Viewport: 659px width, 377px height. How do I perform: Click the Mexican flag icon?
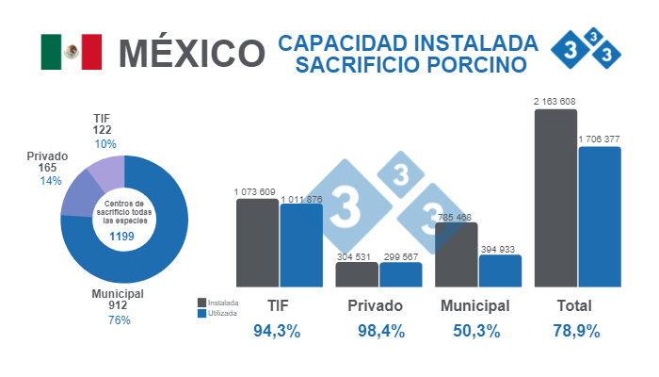(71, 52)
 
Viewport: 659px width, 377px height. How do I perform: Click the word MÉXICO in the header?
(191, 53)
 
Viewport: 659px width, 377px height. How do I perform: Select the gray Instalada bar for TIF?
(257, 242)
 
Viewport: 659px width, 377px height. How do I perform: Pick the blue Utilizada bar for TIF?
(301, 245)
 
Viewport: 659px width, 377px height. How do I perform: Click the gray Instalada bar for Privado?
(357, 274)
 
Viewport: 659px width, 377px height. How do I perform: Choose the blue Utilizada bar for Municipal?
(500, 270)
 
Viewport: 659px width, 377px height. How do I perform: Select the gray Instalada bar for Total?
(555, 198)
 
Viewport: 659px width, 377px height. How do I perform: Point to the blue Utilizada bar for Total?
(600, 216)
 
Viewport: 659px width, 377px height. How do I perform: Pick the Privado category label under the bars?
(375, 306)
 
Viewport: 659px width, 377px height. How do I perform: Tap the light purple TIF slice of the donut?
(106, 172)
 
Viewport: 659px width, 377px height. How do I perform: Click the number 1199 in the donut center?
(124, 236)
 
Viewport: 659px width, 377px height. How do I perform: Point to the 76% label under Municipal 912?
(119, 320)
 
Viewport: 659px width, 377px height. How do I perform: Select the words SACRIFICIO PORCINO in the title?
(407, 66)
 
